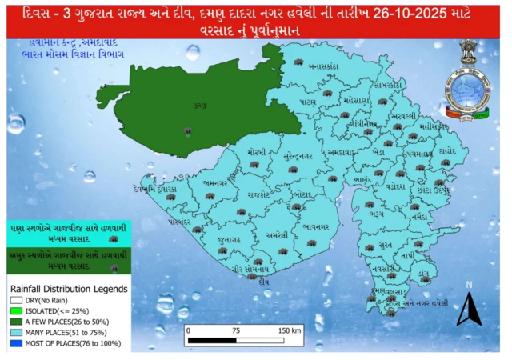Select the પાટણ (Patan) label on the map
(308, 102)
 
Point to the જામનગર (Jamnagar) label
(217, 183)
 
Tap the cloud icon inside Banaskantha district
(298, 62)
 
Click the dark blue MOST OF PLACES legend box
(16, 343)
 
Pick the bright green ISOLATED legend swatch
(16, 310)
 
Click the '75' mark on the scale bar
(236, 330)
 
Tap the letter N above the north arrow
(470, 285)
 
